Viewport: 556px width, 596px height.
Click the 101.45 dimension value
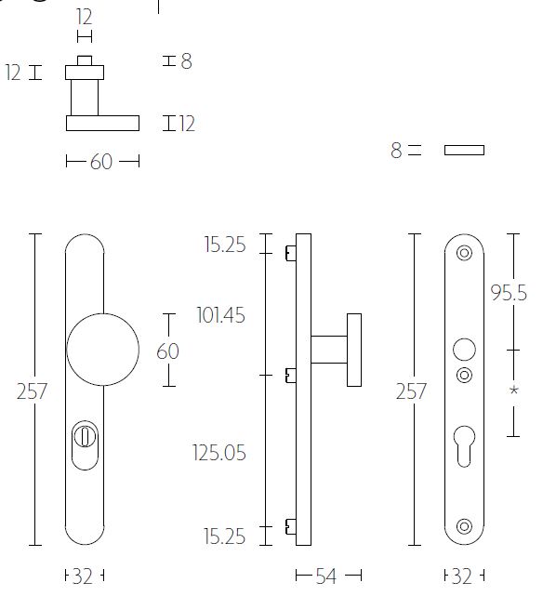(x=220, y=315)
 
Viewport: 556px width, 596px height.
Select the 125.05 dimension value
(x=219, y=453)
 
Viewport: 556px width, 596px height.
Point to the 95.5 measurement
(x=509, y=293)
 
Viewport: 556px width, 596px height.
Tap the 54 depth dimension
(x=325, y=576)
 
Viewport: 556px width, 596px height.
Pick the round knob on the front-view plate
(x=102, y=350)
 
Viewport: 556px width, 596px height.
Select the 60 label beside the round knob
(x=167, y=351)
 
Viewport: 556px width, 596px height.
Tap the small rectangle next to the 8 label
(x=464, y=150)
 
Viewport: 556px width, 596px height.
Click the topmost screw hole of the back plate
(x=464, y=251)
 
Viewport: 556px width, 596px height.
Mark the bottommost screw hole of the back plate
(x=464, y=527)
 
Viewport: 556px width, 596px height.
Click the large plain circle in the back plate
(x=463, y=351)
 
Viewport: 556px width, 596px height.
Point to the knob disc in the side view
(x=354, y=350)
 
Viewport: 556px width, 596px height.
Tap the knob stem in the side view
(x=328, y=350)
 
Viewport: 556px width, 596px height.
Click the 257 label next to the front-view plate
(x=32, y=391)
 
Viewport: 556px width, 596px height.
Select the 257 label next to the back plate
(x=410, y=391)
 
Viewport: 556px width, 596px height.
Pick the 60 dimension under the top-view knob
(x=101, y=162)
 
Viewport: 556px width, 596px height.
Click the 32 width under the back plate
(x=461, y=576)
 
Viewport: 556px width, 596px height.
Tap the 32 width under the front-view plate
(x=83, y=576)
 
